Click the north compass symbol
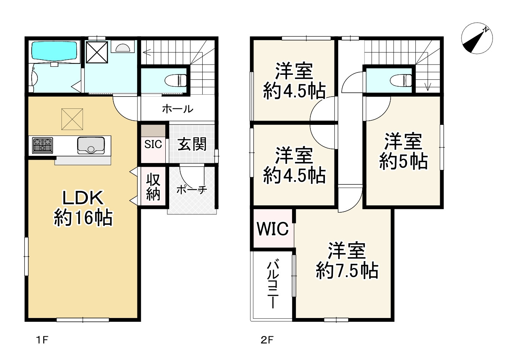click(476, 39)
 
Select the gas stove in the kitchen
click(42, 145)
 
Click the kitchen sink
click(91, 145)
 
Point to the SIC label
click(153, 144)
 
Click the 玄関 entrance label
click(192, 144)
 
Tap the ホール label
click(178, 109)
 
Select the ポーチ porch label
click(192, 190)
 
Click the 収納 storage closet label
click(153, 187)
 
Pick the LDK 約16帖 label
click(83, 208)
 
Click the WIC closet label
click(273, 229)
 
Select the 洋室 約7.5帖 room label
click(347, 261)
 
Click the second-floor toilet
click(401, 80)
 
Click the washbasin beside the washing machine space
click(123, 47)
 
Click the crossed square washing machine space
click(97, 52)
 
